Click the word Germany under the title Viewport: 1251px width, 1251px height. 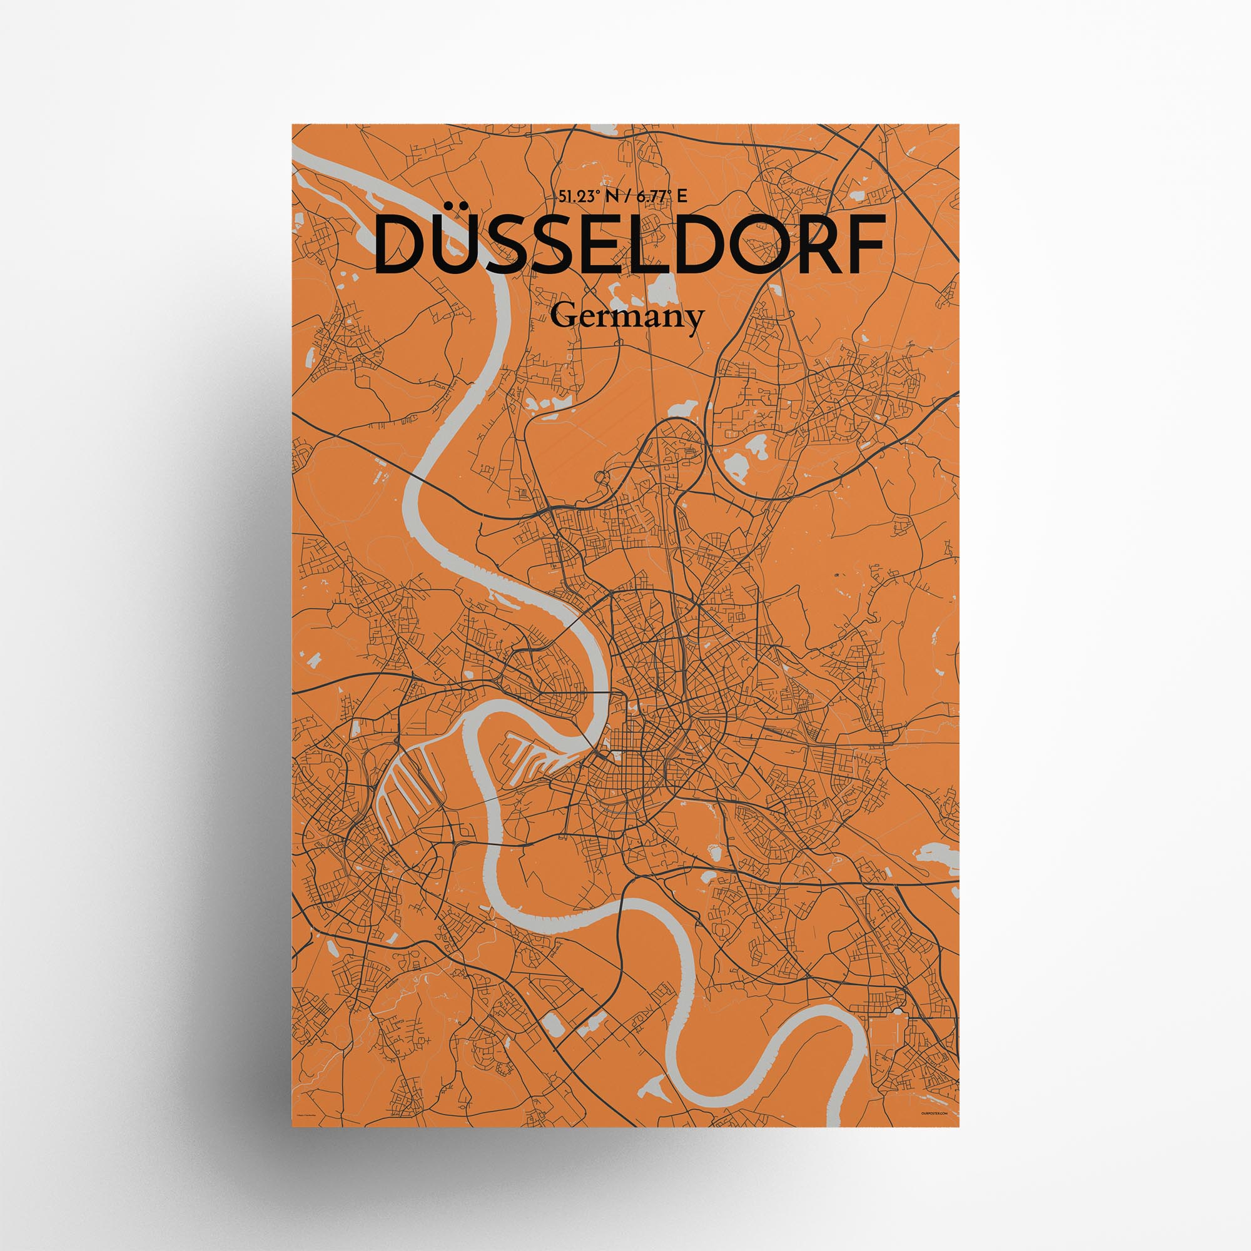point(626,317)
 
